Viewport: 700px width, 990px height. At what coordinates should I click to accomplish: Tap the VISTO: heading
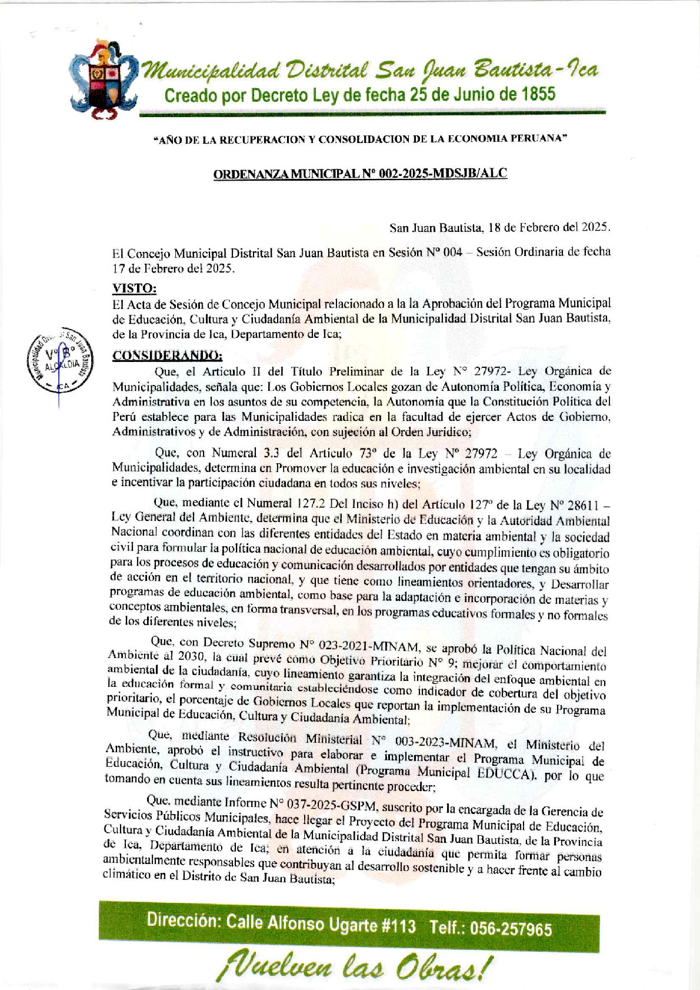pos(135,288)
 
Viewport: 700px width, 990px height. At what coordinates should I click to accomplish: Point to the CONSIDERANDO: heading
pos(168,356)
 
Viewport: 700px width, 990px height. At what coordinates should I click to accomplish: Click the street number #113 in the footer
pos(398,925)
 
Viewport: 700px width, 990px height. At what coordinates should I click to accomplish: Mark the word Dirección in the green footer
pos(181,919)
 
